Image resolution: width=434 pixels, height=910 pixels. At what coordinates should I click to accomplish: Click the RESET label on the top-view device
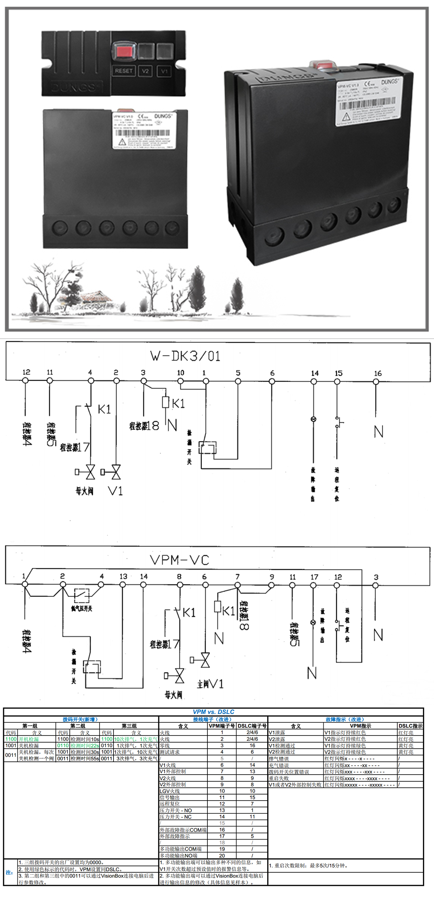click(123, 71)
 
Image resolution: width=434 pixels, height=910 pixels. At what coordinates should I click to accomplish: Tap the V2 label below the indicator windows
click(145, 71)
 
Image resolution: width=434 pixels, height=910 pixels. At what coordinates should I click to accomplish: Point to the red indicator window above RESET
click(124, 52)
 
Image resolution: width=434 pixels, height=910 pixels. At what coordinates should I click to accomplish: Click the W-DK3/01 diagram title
click(185, 356)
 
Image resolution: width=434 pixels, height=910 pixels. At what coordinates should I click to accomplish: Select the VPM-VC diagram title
click(180, 560)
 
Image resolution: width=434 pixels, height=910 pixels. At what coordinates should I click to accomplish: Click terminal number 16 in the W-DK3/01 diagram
click(377, 373)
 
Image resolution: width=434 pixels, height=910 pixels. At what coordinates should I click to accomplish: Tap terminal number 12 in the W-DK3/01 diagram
click(26, 372)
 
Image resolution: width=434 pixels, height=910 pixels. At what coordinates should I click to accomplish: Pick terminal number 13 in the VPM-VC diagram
click(123, 576)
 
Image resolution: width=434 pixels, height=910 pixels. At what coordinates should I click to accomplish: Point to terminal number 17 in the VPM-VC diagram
click(314, 577)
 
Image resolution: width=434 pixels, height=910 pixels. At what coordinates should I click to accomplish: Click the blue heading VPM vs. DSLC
click(213, 712)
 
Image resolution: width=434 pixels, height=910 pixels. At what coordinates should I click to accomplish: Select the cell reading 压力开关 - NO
click(176, 810)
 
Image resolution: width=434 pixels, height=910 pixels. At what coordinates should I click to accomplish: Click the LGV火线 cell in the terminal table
click(170, 791)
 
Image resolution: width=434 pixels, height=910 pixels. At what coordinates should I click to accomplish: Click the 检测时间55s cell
click(85, 759)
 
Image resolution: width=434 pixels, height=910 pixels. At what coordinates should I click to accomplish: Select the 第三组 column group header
click(129, 726)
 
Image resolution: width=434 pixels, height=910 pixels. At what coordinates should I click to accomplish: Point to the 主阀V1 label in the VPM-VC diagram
click(210, 684)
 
